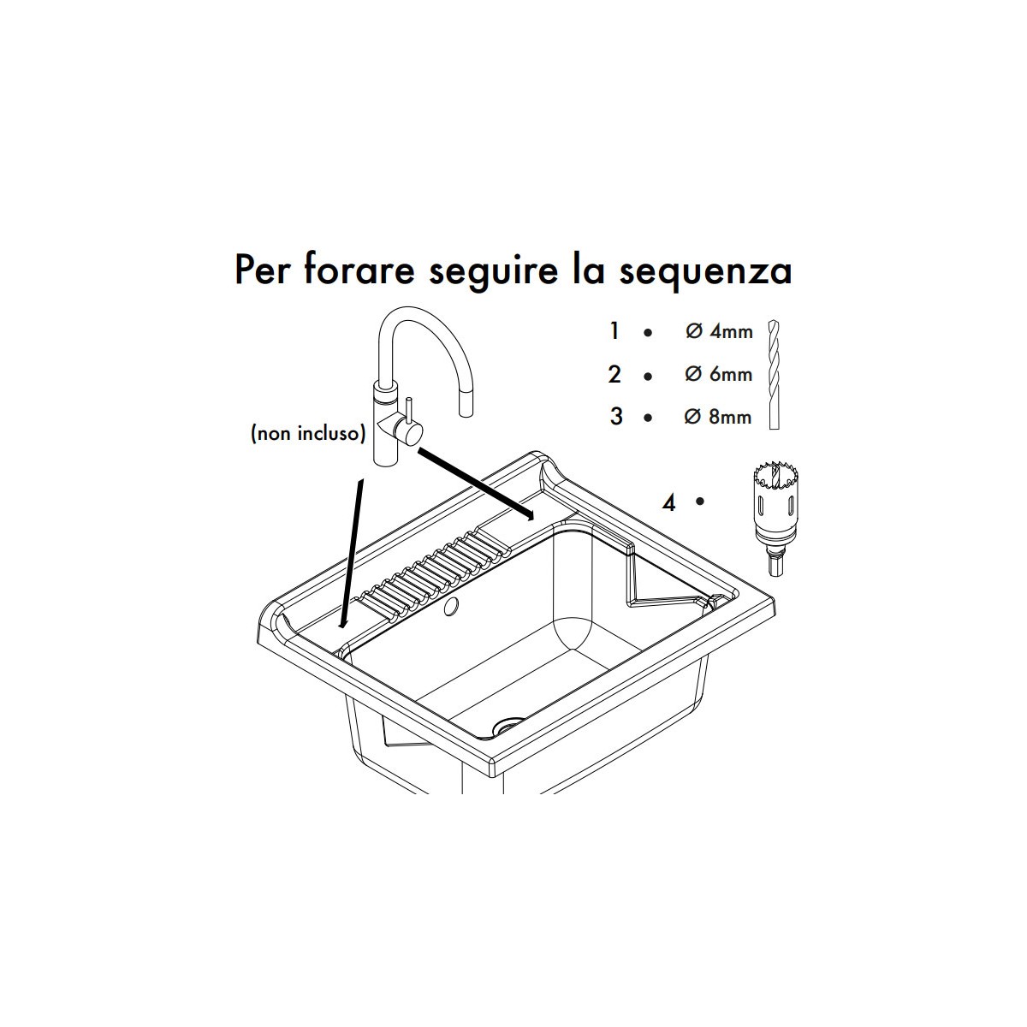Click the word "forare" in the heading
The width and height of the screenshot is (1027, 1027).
tap(359, 270)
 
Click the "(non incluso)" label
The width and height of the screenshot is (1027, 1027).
tap(308, 434)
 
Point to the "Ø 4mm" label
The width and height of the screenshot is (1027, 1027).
tap(719, 331)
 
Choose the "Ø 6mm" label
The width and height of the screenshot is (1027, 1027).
tap(718, 374)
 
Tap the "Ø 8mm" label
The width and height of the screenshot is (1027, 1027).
tap(718, 416)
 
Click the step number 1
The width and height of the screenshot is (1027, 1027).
tap(614, 331)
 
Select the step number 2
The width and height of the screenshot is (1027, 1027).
tap(614, 374)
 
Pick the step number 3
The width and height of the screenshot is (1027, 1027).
tap(616, 416)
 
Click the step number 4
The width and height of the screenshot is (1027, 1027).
tap(669, 502)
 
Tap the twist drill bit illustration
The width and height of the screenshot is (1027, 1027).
tap(774, 374)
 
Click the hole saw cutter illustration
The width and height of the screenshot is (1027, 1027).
tap(775, 519)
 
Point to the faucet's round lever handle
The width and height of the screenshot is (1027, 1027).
tap(409, 430)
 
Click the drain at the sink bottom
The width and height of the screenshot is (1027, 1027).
tap(508, 726)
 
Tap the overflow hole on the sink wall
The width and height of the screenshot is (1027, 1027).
tap(452, 605)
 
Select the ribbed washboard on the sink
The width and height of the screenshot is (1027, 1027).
tap(435, 572)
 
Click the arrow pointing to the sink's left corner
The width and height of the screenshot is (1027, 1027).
tap(353, 555)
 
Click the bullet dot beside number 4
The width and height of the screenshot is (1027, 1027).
tap(700, 501)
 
